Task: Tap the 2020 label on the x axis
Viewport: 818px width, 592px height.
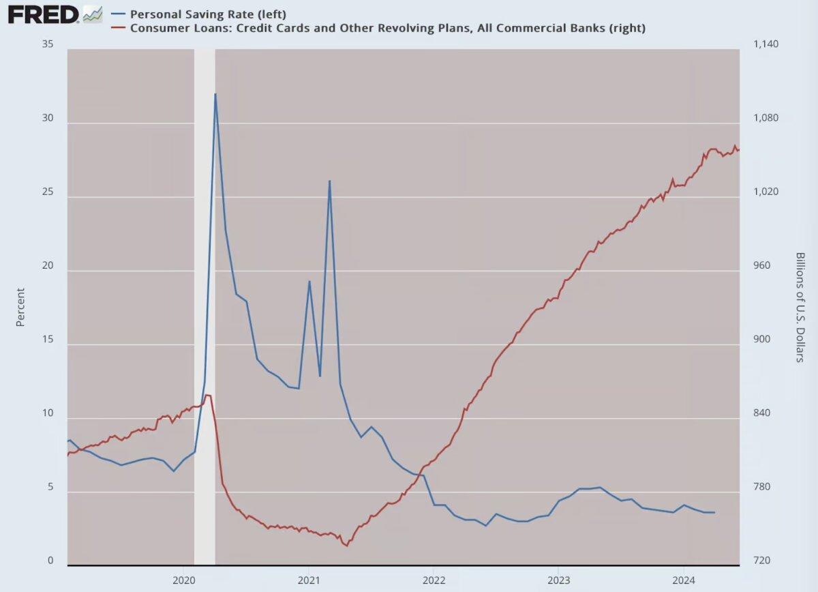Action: click(183, 579)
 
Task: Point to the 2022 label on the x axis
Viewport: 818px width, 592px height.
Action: click(434, 579)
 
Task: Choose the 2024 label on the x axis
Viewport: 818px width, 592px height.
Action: click(684, 579)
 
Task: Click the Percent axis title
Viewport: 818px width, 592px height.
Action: click(20, 307)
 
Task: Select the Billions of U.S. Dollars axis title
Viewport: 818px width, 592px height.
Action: click(800, 307)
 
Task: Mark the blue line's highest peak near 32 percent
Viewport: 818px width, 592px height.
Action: click(215, 94)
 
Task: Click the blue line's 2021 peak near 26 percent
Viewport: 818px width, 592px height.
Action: click(330, 181)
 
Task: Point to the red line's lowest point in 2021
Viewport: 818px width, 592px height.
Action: click(347, 546)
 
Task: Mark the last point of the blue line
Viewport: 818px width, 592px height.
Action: click(714, 512)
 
